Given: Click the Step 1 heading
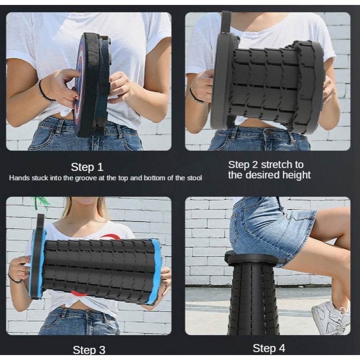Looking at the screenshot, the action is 87,167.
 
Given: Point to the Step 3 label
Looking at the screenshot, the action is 89,350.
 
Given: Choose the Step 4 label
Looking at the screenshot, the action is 269,348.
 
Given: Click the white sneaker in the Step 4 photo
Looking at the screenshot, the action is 331,318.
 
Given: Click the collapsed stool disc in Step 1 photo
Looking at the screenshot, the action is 92,85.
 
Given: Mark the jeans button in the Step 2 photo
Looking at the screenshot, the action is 267,132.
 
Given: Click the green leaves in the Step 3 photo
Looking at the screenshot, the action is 41,202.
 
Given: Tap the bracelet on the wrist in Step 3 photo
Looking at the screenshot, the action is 15,279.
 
